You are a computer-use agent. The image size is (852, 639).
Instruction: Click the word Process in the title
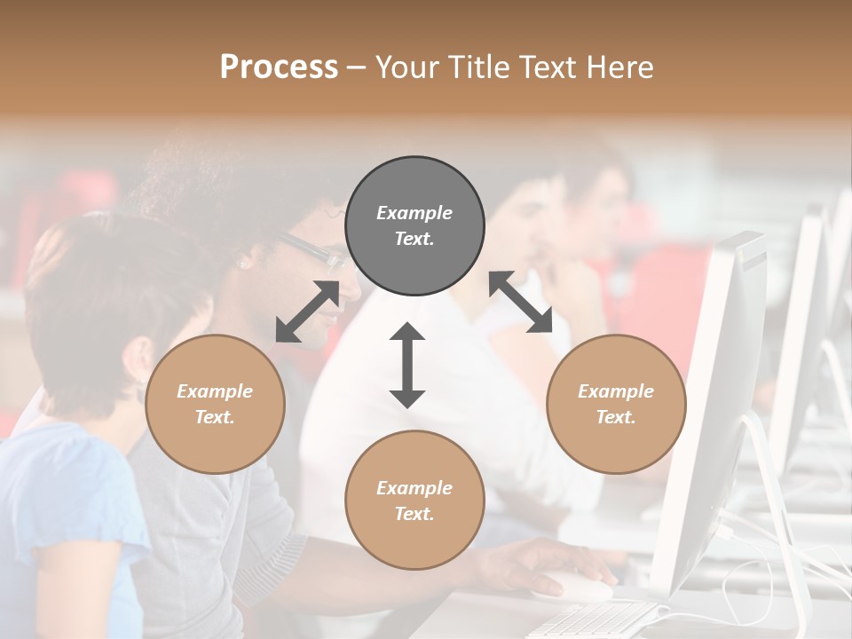point(279,67)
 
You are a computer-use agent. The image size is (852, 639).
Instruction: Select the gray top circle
point(414,226)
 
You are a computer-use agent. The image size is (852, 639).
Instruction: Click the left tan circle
point(215,405)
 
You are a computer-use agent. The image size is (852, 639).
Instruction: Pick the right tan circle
point(616,405)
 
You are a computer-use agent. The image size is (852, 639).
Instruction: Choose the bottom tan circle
point(414,501)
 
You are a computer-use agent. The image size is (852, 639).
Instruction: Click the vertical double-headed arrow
point(407,365)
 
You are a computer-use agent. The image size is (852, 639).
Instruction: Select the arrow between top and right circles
point(521,302)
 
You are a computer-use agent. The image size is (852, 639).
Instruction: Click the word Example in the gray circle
point(414,213)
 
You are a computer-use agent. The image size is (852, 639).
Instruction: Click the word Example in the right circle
point(616,391)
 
